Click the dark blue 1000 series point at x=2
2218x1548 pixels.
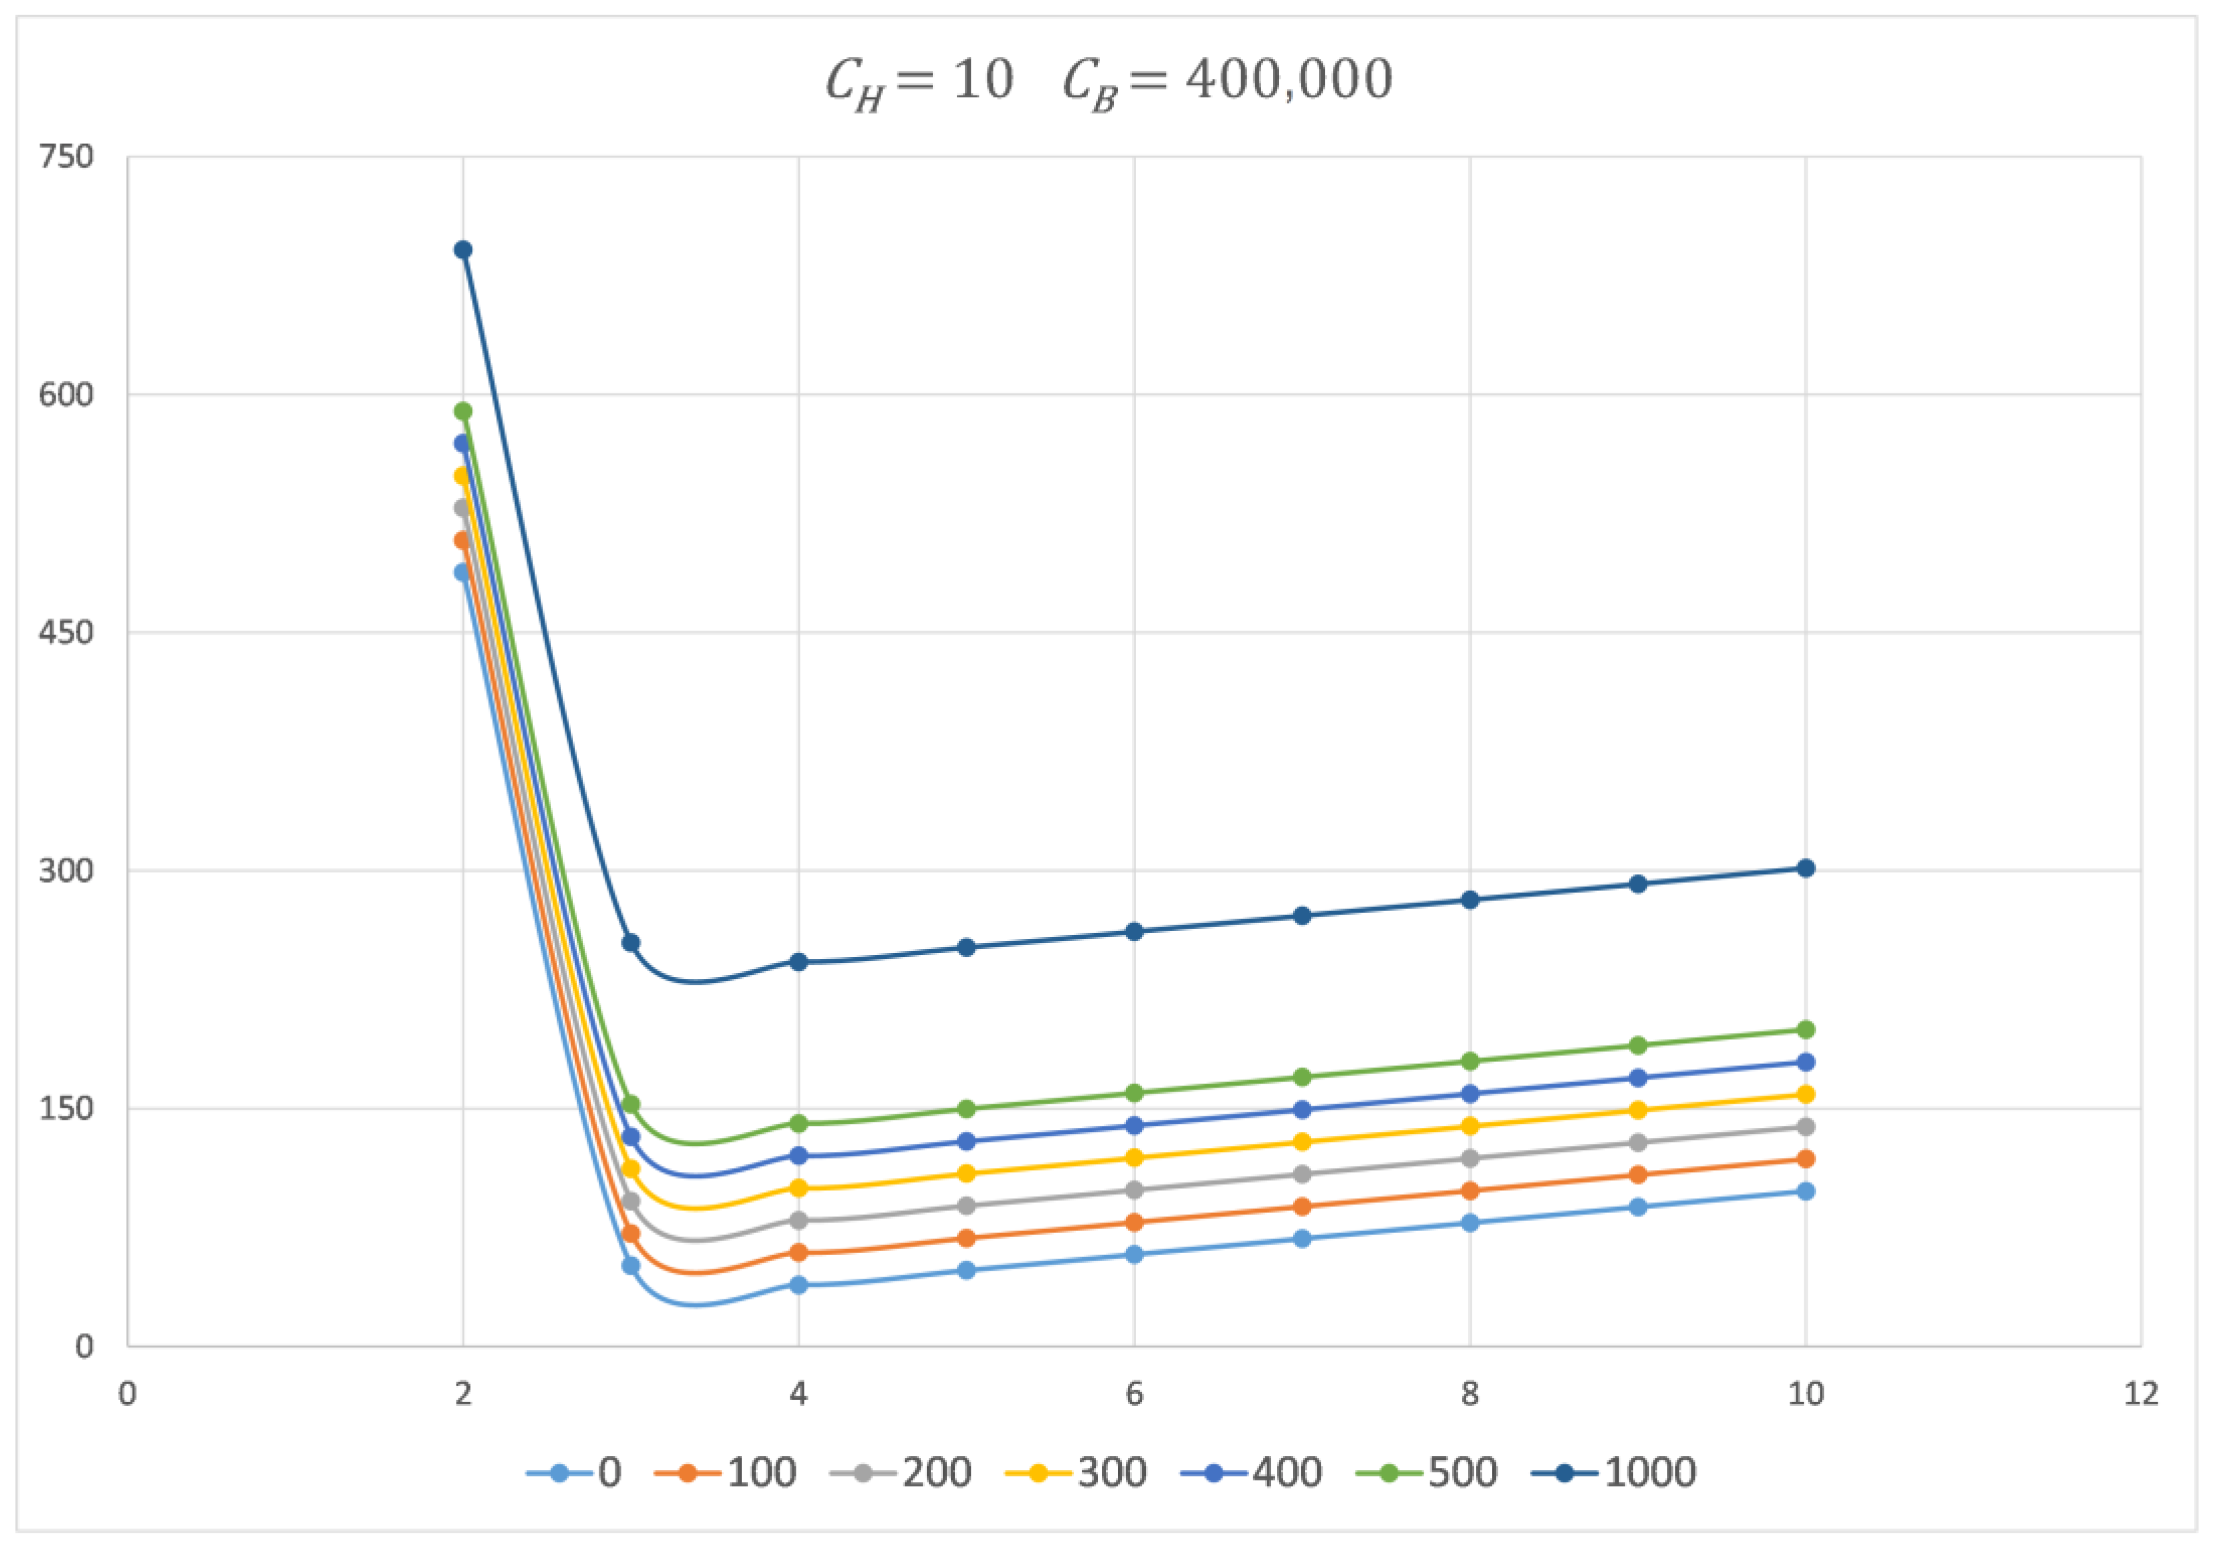tap(463, 250)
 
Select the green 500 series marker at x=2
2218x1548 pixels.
tap(463, 411)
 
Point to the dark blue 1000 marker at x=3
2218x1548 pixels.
tap(631, 942)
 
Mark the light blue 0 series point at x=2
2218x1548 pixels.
tap(463, 573)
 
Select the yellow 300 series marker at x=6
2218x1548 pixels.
tap(1134, 1158)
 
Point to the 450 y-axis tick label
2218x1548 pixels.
tap(66, 633)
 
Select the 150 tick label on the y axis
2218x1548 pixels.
tap(66, 1108)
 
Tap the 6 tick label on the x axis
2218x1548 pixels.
tap(1134, 1393)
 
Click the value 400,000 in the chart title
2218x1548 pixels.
tap(1289, 79)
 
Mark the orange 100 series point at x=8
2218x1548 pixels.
tap(1469, 1191)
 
